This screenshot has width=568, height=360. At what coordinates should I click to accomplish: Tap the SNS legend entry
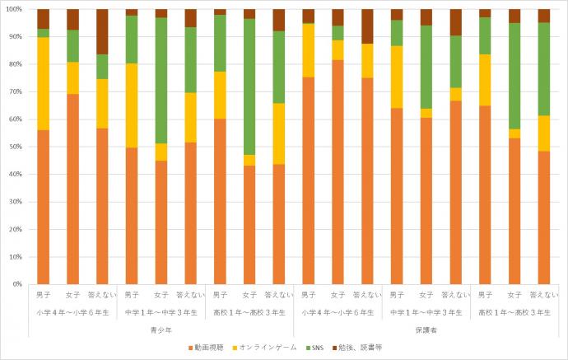pos(315,348)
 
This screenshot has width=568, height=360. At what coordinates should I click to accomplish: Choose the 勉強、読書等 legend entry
pos(360,348)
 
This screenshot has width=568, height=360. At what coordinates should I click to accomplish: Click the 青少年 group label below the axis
pos(161,330)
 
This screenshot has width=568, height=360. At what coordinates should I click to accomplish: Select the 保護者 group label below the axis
pos(425,330)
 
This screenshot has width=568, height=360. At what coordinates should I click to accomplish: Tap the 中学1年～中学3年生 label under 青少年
pos(161,312)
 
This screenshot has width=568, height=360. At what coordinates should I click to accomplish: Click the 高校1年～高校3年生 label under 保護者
pos(514,312)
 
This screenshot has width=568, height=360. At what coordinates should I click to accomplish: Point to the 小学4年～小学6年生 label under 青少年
pos(72,312)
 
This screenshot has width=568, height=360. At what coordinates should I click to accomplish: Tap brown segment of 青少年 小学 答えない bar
pos(102,31)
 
